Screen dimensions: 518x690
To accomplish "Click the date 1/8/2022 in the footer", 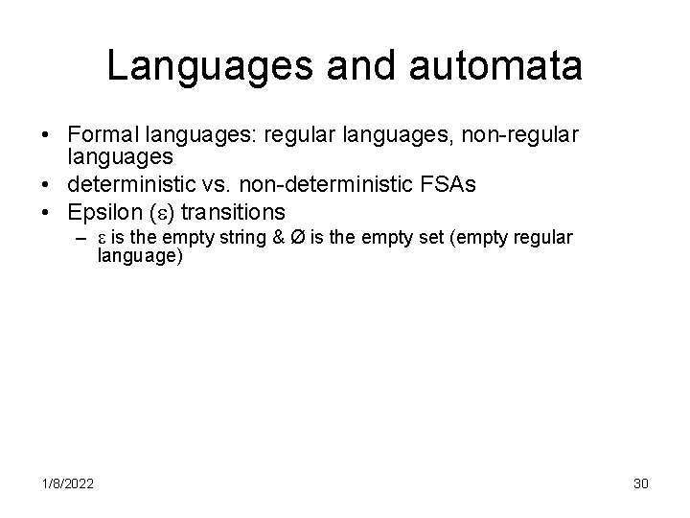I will pyautogui.click(x=67, y=483).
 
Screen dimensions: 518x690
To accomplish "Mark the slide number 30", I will pyautogui.click(x=640, y=483).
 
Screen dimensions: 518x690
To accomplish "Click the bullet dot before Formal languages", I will pyautogui.click(x=47, y=137).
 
